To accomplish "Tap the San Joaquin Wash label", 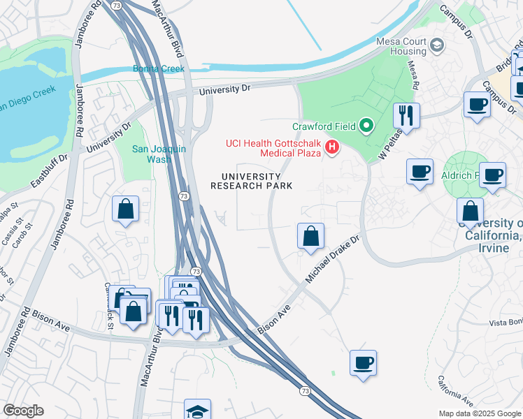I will pos(160,154).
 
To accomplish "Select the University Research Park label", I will pos(252,181).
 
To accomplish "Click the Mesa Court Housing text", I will pos(401,46).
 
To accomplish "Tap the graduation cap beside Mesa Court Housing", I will pos(437,46).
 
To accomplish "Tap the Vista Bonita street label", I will pos(506,322).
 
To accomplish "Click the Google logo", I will pos(23,411).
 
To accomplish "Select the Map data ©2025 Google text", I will pos(479,413).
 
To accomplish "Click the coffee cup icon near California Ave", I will pos(363,362).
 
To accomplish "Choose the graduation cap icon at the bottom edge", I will pos(197,411).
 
